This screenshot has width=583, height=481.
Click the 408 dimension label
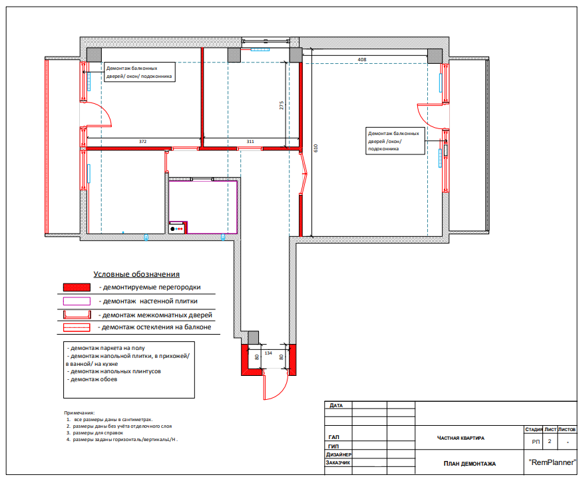362,59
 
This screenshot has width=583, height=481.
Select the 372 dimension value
143,141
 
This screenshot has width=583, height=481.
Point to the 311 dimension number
250,141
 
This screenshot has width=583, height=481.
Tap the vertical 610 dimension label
315,148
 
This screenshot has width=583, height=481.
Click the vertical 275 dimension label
282,105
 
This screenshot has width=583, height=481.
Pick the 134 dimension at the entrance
268,353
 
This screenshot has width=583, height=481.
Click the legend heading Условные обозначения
136,274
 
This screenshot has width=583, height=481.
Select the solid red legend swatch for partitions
77,287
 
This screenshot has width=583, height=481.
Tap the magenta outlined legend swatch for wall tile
77,301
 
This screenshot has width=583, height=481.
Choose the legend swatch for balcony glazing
77,327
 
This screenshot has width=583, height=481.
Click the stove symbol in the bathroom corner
176,228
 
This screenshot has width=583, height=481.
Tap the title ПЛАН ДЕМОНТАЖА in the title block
470,464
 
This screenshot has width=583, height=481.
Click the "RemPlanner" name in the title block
552,462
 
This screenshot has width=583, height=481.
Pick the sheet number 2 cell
550,441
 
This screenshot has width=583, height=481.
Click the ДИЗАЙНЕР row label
339,454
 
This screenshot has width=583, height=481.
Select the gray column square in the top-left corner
94,55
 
